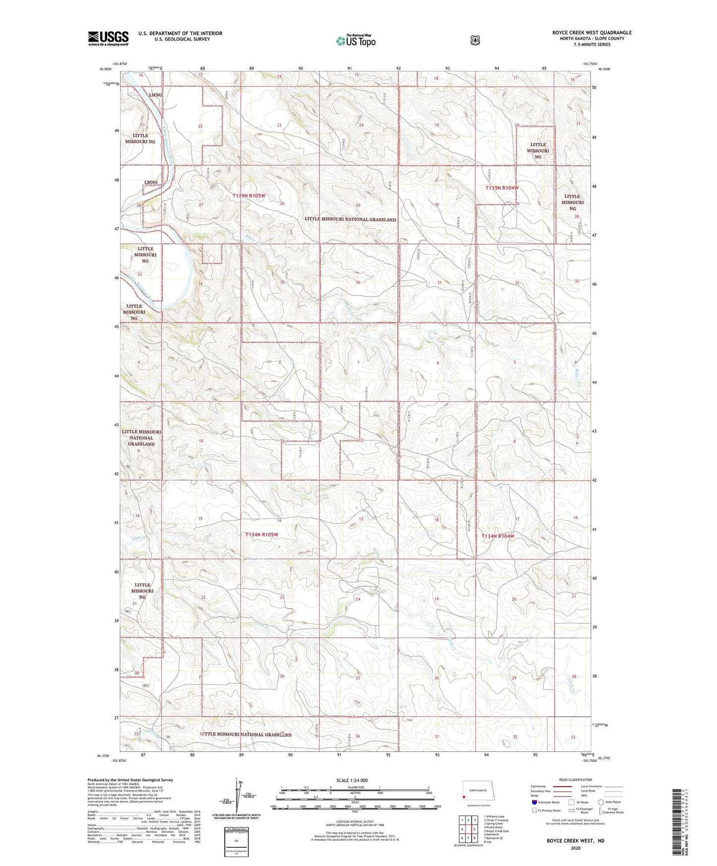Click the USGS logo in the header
tap(108, 38)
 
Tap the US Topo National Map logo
tap(355, 41)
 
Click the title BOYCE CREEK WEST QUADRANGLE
tap(592, 33)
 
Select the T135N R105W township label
tap(249, 196)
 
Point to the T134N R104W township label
tap(498, 536)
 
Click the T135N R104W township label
tap(502, 188)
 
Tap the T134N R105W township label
tap(262, 535)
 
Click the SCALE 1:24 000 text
tap(352, 781)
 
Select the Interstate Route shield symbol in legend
tap(534, 802)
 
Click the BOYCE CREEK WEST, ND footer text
tap(576, 841)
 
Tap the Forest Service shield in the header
tap(475, 40)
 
